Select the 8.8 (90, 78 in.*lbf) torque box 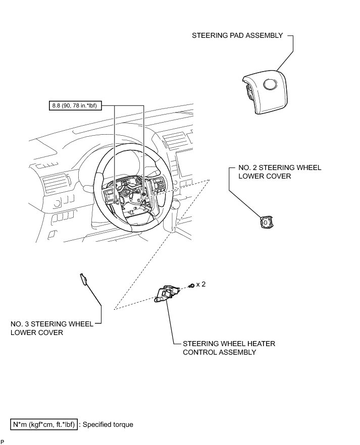[x=74, y=106]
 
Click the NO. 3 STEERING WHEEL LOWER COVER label [x=52, y=328]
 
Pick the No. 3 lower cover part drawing [x=83, y=279]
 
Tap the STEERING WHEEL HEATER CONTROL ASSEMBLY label [x=229, y=348]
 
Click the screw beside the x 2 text [x=191, y=286]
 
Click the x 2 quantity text [x=201, y=285]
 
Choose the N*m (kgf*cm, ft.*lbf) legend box [x=44, y=424]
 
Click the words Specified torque [x=108, y=424]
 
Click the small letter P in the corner [x=3, y=442]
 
